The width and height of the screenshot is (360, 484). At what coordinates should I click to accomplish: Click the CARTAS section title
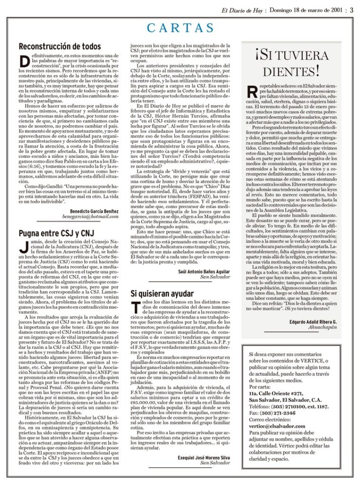(180, 28)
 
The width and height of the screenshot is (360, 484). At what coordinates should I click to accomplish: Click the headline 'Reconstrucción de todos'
(60, 46)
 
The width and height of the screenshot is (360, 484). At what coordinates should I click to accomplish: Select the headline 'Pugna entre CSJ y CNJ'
(56, 233)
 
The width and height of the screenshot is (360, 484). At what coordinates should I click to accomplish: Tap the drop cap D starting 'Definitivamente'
(24, 62)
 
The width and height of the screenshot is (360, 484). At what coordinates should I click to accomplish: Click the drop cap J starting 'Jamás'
(23, 247)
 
